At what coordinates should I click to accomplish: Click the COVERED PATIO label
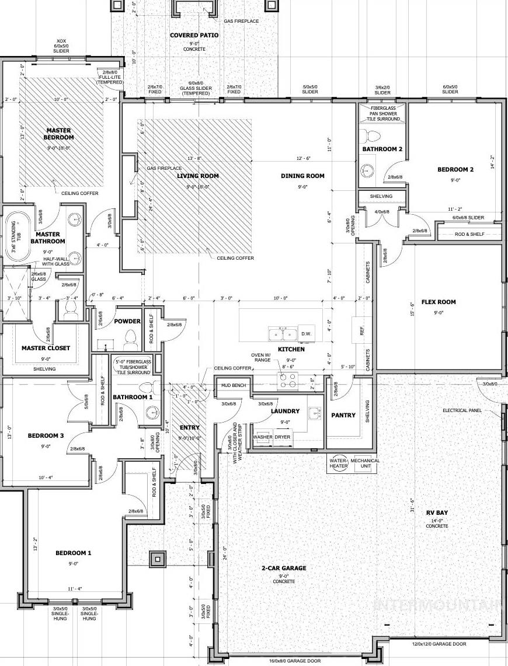[194, 36]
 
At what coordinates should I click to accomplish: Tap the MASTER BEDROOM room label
[58, 134]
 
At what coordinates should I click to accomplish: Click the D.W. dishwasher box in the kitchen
[307, 333]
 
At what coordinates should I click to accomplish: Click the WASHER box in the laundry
[263, 437]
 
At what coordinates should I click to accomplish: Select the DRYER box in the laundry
[283, 437]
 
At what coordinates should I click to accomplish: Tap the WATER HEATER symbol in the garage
[339, 463]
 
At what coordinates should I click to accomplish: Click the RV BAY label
[437, 513]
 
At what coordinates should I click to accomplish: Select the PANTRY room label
[343, 416]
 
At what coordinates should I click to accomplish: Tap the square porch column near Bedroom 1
[156, 559]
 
